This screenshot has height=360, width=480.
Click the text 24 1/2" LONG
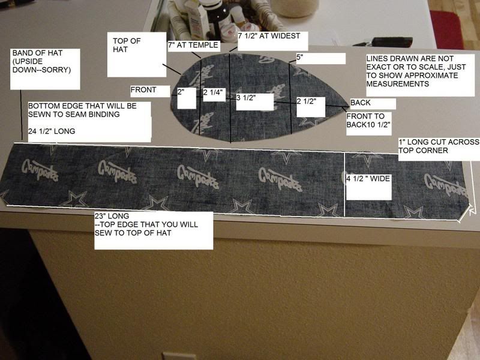click(x=52, y=131)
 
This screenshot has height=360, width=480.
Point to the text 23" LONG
click(x=112, y=216)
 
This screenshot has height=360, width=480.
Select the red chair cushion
click(x=447, y=29)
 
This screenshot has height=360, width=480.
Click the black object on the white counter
click(x=388, y=42)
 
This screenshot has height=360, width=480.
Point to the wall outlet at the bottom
click(x=179, y=356)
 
